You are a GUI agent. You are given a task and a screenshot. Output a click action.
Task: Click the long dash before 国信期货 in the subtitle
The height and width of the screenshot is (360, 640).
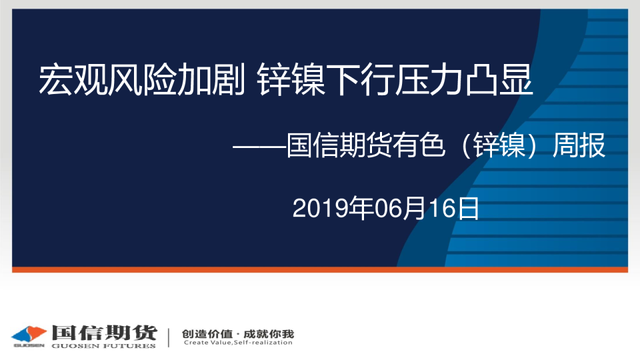(x=259, y=146)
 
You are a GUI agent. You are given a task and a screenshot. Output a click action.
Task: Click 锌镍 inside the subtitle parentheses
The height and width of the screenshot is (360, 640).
(x=499, y=145)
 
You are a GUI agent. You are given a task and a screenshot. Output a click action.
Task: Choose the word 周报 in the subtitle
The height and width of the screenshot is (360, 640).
(x=579, y=145)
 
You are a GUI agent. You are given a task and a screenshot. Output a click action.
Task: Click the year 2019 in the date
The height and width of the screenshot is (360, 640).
(x=319, y=209)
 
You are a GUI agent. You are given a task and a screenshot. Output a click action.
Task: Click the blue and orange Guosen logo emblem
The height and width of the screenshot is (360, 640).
(x=29, y=334)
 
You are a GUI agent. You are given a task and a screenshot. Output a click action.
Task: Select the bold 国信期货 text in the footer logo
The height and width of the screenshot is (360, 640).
(x=104, y=333)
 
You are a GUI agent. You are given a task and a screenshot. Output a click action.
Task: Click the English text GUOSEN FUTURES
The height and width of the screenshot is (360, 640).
(x=104, y=346)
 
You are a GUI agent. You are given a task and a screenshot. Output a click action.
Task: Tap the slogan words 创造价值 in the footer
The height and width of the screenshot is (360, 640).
(x=207, y=334)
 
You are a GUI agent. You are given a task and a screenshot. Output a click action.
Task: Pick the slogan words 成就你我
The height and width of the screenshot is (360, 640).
(x=269, y=334)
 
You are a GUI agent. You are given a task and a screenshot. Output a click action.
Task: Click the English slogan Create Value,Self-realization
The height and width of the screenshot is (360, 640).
(x=238, y=343)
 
